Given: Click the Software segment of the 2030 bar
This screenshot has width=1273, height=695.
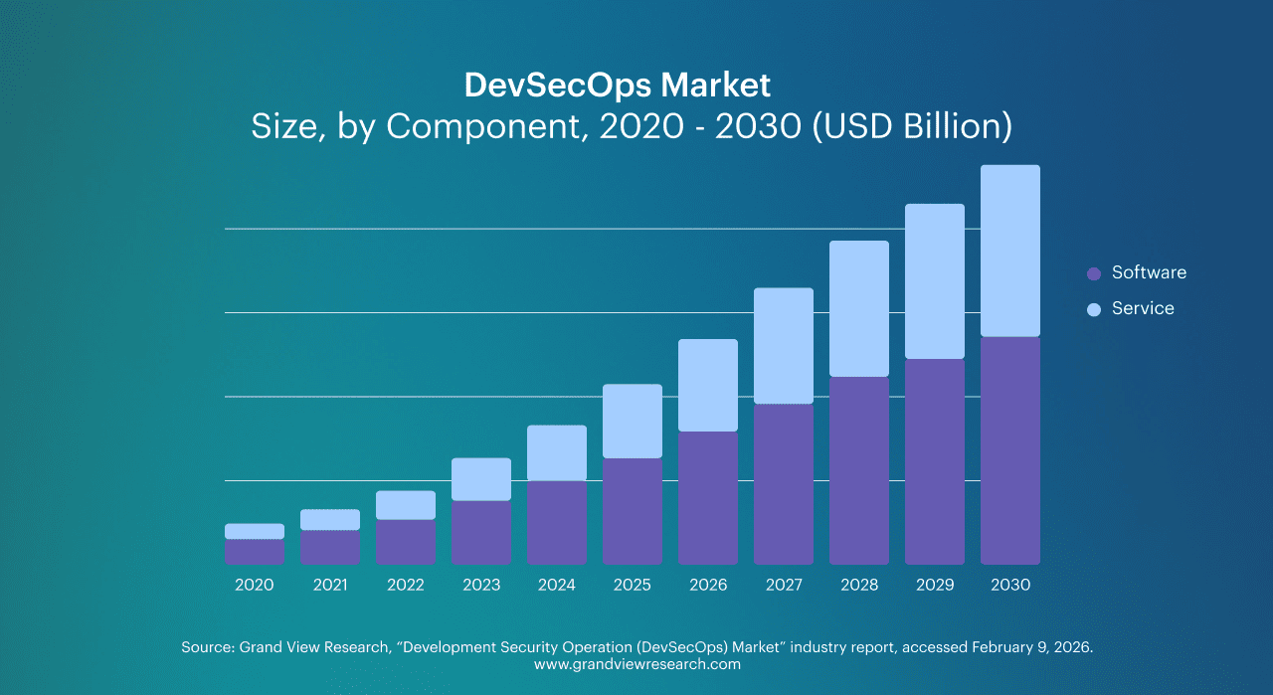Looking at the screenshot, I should pos(1009,450).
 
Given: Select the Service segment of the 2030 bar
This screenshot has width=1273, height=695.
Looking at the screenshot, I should pos(1009,251).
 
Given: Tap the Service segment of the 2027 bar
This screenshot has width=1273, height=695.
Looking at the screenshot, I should pos(783,346).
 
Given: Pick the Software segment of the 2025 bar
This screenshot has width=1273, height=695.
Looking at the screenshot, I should pos(632,511).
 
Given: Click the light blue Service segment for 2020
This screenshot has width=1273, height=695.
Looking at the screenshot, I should pos(254,531).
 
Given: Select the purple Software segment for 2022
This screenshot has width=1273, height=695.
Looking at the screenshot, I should pos(405,542).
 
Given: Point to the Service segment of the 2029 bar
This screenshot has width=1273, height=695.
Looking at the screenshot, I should pos(934,281).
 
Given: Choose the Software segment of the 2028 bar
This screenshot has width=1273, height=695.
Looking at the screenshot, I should pos(858,470).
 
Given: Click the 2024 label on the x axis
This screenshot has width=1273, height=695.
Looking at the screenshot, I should pos(556,585).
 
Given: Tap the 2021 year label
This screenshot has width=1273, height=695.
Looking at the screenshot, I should pos(329,585).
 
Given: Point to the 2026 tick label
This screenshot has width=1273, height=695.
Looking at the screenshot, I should pos(707,585).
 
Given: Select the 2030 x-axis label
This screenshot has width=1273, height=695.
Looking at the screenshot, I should pos(1009,585).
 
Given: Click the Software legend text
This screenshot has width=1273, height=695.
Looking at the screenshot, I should pos(1149,272).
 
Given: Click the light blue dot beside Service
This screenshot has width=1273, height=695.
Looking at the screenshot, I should pos(1094,309).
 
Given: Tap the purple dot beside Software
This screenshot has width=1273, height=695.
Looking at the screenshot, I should pos(1094,273).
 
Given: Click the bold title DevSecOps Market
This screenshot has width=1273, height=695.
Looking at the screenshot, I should pos(617,86).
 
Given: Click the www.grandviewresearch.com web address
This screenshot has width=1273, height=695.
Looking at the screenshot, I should pos(636,664).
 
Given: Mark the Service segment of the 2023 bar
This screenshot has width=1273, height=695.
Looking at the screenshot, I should pos(480,479).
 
